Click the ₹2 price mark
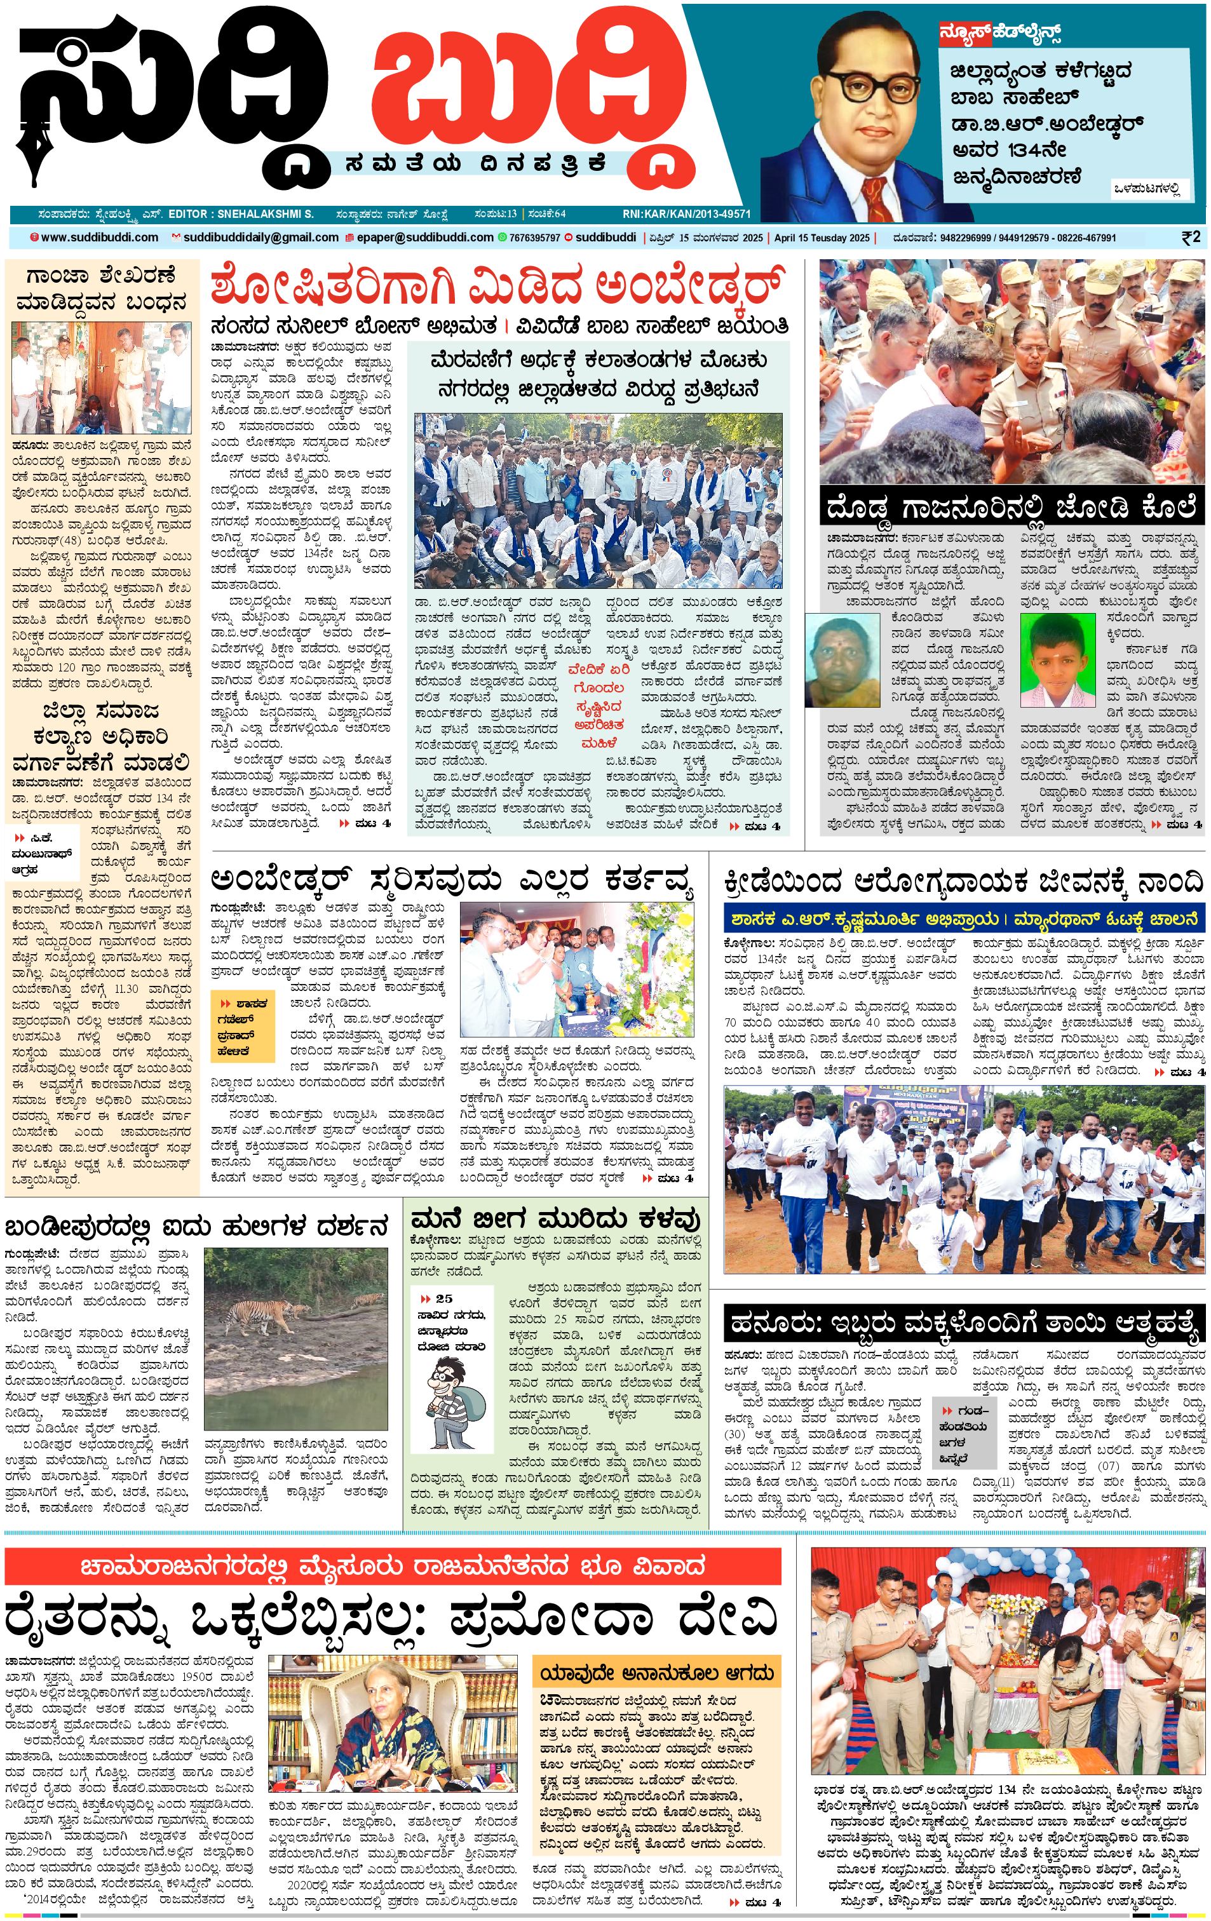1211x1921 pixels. point(1189,237)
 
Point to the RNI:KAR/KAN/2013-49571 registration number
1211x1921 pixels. point(686,214)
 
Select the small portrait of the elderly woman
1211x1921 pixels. point(842,659)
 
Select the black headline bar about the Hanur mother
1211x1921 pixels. point(964,1322)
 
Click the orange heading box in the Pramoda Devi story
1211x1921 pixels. point(656,1672)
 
